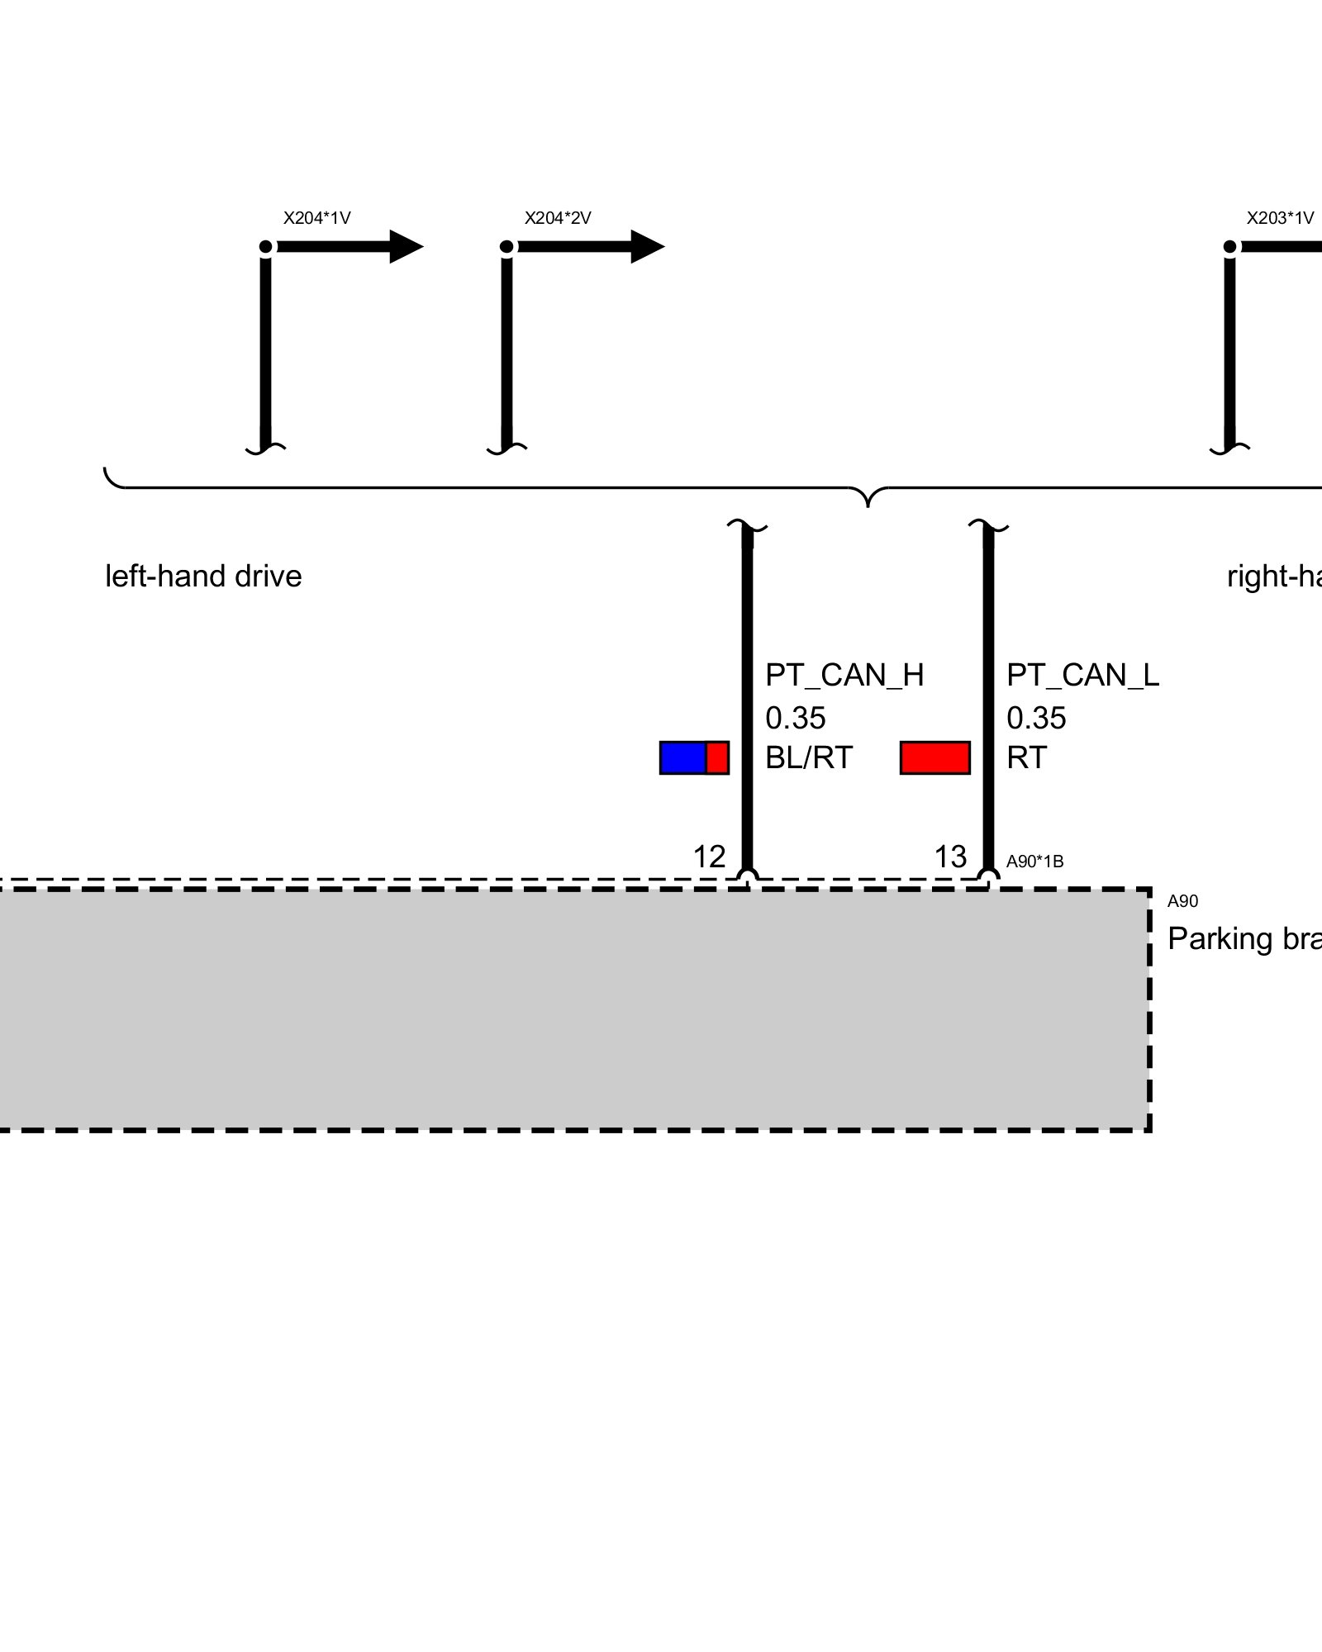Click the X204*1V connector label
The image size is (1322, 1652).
(316, 218)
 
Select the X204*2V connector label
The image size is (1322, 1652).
(558, 218)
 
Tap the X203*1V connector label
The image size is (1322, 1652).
(1280, 218)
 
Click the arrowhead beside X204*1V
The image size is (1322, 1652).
(406, 246)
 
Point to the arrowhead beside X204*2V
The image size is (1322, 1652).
(647, 246)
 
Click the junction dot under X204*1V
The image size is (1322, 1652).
(266, 247)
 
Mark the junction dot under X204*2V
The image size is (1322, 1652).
(507, 247)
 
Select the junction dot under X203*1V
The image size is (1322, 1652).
(1230, 247)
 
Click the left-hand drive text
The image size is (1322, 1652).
(203, 577)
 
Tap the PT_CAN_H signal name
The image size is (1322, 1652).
(844, 676)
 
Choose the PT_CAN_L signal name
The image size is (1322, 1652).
(1082, 676)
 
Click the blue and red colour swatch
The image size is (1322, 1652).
(694, 757)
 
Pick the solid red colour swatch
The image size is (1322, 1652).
(934, 757)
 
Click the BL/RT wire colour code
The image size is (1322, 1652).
(809, 757)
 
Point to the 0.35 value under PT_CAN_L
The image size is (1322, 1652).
(1036, 718)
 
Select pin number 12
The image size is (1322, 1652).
(709, 857)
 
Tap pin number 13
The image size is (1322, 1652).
(950, 857)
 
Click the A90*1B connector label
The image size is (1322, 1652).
(1034, 862)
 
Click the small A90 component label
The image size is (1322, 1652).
(1182, 901)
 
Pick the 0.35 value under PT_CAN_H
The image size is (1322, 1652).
(795, 718)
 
